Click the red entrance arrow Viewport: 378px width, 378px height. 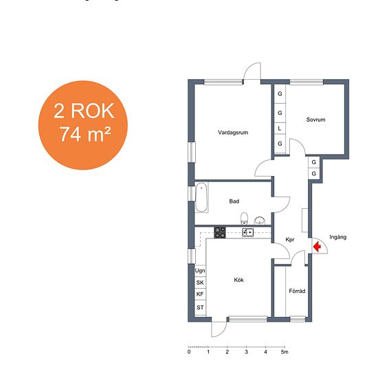[x=318, y=246]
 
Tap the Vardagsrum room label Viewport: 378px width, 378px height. [x=233, y=133]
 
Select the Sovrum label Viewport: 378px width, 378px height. [x=315, y=120]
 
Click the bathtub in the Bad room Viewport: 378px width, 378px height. [x=201, y=197]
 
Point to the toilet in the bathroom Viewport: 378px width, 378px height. [x=244, y=218]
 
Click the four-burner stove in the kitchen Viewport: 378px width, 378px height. [x=220, y=232]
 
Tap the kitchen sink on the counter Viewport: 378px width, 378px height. [x=247, y=232]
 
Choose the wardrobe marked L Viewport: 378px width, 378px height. [x=280, y=129]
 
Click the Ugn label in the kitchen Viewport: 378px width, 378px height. [x=200, y=271]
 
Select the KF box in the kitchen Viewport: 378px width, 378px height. [x=200, y=294]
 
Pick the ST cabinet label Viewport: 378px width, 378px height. [x=200, y=307]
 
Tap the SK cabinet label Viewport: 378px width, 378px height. [x=200, y=282]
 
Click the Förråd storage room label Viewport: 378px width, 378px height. [x=297, y=291]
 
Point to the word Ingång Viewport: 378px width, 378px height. [x=337, y=237]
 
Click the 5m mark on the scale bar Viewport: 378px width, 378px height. [x=285, y=352]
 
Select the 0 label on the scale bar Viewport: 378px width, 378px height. [x=189, y=352]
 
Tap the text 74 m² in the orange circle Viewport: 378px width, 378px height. [x=85, y=134]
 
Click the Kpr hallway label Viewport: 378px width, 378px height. [x=290, y=240]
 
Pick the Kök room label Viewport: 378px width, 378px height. [x=238, y=280]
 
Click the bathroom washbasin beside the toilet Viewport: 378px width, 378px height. [x=260, y=221]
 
